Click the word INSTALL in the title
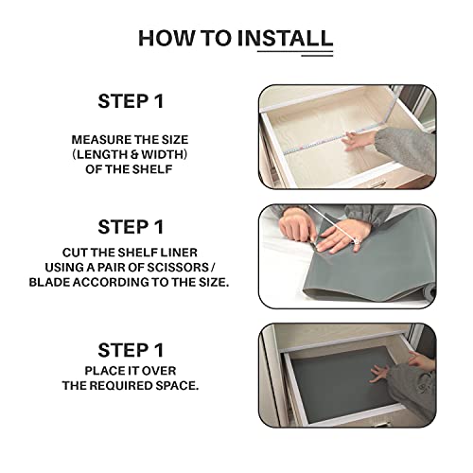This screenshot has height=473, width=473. point(285,38)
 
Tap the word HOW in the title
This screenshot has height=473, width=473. point(166,38)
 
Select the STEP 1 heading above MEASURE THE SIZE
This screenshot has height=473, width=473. point(131,101)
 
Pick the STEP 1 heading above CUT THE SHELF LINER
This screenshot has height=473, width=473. point(131,227)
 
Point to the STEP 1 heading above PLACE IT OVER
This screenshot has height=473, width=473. point(131,350)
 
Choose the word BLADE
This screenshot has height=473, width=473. point(49,282)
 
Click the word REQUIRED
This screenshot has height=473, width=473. point(121,386)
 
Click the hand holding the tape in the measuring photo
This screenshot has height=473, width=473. point(359,140)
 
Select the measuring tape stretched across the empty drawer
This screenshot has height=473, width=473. point(331,139)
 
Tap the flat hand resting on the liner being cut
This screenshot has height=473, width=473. point(342,236)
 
